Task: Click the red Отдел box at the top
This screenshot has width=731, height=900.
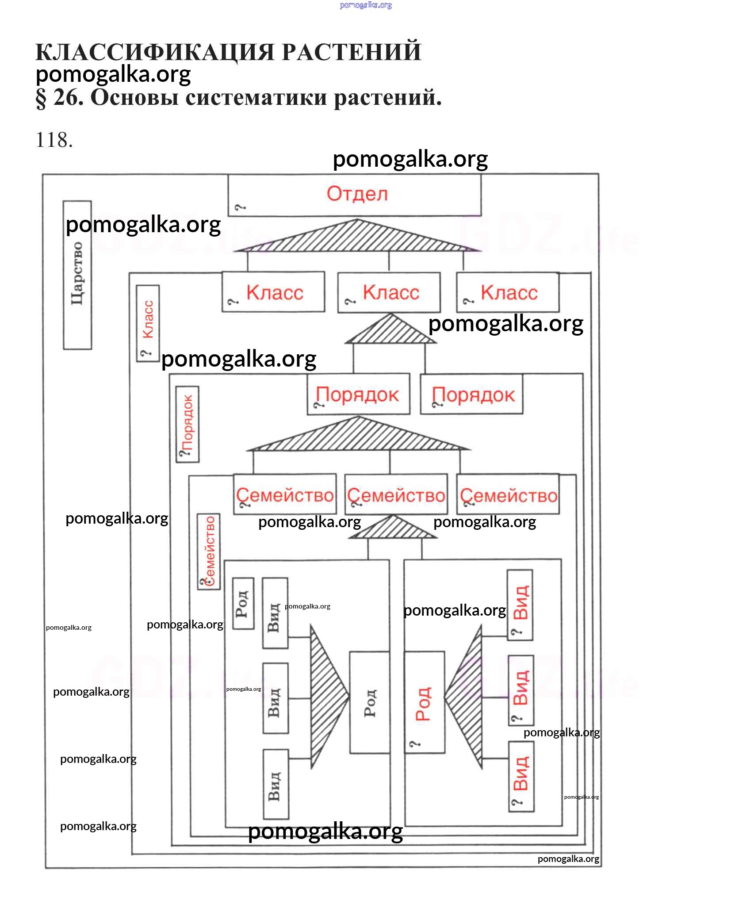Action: click(354, 195)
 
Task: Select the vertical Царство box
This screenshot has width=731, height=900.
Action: click(77, 275)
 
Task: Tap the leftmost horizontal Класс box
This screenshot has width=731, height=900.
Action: click(273, 292)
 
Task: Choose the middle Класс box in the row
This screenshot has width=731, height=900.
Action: click(389, 292)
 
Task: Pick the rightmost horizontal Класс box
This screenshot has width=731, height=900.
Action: click(508, 292)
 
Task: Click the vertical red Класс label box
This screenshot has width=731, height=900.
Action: click(148, 323)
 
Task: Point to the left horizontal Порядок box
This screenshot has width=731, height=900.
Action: click(358, 394)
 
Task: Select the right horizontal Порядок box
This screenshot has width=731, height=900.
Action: click(471, 394)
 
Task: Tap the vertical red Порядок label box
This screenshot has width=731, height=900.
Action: click(188, 424)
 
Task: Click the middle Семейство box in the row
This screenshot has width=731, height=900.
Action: click(396, 494)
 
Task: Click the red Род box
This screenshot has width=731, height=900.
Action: click(424, 702)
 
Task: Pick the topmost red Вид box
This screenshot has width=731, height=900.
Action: click(520, 605)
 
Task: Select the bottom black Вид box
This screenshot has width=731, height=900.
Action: click(276, 785)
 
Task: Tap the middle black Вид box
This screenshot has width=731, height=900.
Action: click(275, 698)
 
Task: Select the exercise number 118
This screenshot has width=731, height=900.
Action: click(54, 140)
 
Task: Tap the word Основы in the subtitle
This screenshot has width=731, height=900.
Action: click(135, 98)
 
